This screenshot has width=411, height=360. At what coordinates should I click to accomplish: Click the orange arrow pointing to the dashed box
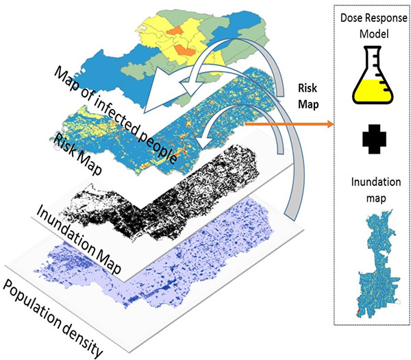click(288, 124)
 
